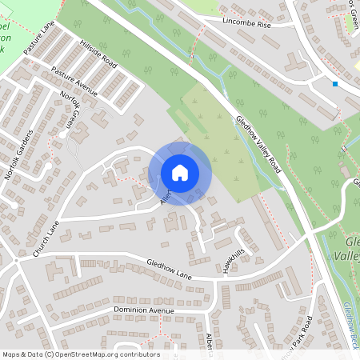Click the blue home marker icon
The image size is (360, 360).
(180, 173)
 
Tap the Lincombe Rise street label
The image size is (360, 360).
(247, 24)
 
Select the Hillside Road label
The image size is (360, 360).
(98, 52)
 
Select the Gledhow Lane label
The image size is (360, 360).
(170, 268)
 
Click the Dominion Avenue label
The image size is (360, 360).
(143, 310)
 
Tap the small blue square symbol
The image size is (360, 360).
(335, 83)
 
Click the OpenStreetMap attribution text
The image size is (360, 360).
(81, 354)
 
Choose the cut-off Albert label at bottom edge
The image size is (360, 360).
(210, 342)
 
